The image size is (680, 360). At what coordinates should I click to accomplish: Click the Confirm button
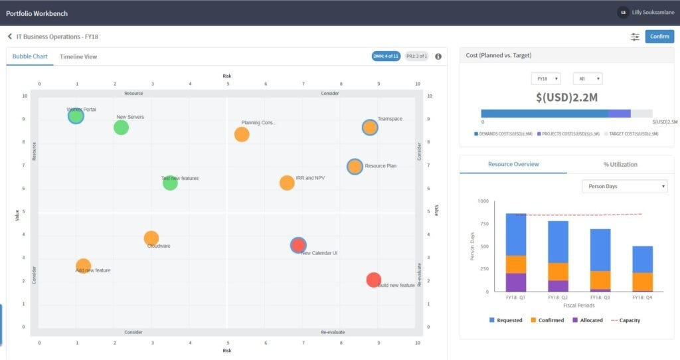pos(659,37)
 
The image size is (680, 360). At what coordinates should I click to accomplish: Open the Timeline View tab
pos(78,56)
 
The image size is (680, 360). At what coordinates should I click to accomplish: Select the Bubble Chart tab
pos(30,56)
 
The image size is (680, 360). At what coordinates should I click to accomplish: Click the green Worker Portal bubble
pos(76,116)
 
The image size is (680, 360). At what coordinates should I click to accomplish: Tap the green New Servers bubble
pos(121,127)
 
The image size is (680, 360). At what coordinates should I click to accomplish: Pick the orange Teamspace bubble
pos(370,128)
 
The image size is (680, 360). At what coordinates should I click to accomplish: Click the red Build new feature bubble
pos(374,280)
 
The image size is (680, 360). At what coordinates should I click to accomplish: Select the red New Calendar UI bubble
pos(299,245)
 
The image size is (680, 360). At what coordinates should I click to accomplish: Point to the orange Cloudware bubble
pos(151,238)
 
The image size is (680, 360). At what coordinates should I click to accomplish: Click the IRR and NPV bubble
pos(287,183)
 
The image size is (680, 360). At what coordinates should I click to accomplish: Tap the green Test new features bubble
pos(170,183)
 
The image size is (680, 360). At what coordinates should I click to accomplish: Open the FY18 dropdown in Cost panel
pos(545,78)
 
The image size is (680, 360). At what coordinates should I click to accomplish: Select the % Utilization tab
pos(620,164)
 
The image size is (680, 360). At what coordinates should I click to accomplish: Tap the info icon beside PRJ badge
pos(438,56)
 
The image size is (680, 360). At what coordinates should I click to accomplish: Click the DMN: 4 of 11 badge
pos(386,56)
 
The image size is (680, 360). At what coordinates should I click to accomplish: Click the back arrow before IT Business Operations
pos(10,37)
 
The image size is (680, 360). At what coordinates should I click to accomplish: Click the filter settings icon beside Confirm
pos(635,37)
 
